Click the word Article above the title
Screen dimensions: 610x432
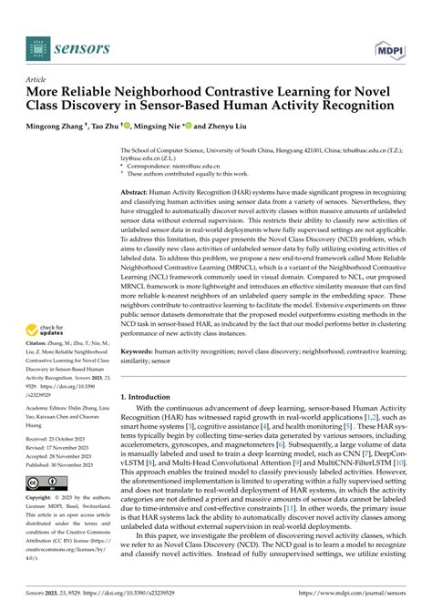[39, 79]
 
